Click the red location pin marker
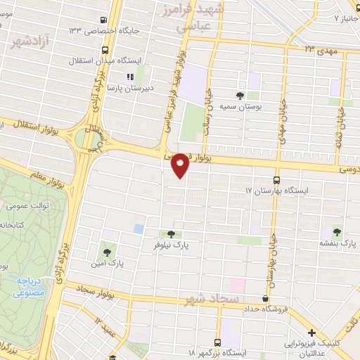click(x=181, y=165)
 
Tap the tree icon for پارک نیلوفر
click(x=172, y=234)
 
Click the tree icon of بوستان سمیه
click(x=241, y=95)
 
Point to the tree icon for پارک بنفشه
click(x=337, y=232)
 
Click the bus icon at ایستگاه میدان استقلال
click(x=105, y=51)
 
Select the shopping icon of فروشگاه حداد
click(x=264, y=298)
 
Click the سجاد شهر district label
click(x=208, y=301)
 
